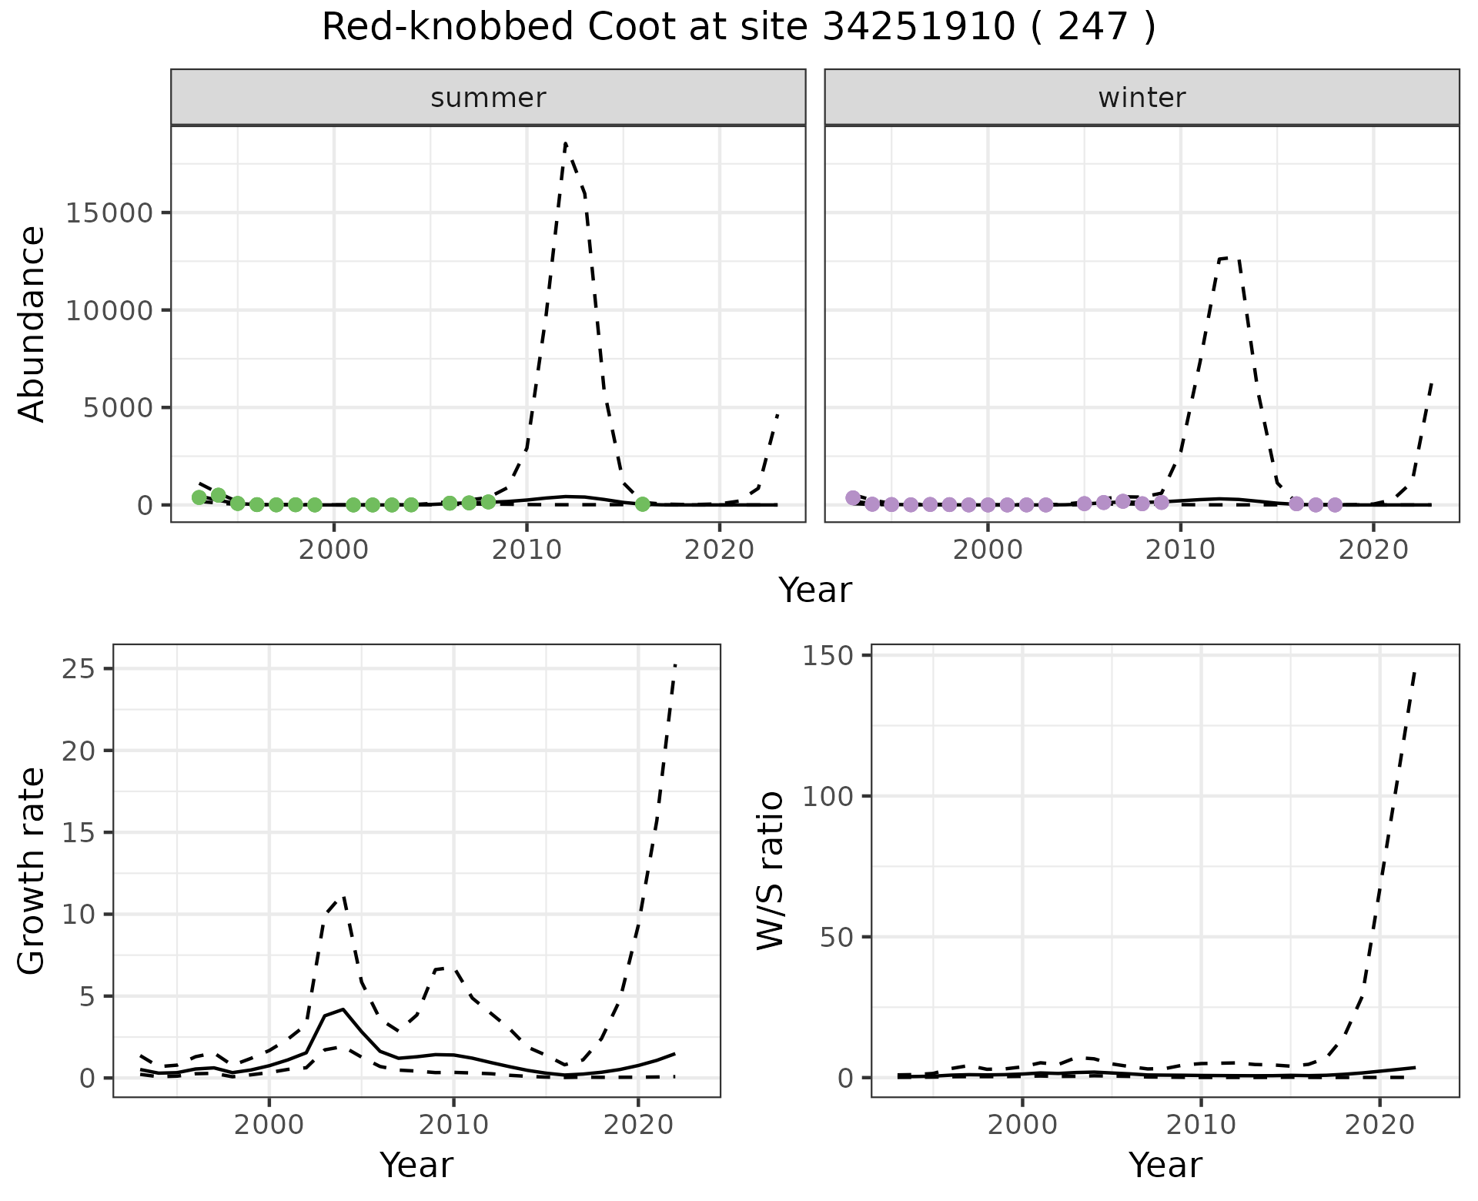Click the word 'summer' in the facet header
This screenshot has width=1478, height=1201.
[x=488, y=98]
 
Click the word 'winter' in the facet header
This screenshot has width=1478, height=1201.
[x=1142, y=98]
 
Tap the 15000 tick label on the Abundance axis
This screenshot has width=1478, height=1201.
[x=110, y=213]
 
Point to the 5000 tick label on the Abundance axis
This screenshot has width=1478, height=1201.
[x=119, y=408]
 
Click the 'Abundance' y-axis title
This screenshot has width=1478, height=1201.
[x=32, y=323]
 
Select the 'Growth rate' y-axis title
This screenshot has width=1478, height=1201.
[x=32, y=870]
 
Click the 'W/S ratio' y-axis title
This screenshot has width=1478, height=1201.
[x=771, y=870]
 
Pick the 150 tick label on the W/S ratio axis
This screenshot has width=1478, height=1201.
[x=830, y=655]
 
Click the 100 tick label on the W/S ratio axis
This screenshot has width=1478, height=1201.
[x=830, y=796]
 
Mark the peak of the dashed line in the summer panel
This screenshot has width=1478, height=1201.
[x=566, y=143]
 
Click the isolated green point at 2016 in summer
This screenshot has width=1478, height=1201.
[x=643, y=504]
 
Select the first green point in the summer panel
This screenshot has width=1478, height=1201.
[x=199, y=497]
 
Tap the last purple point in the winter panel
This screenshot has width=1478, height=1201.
[x=1335, y=505]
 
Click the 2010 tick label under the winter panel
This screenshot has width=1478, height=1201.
[x=1181, y=550]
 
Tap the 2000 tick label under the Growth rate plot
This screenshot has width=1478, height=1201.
[x=269, y=1125]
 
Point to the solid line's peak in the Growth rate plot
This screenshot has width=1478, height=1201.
[x=343, y=1009]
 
